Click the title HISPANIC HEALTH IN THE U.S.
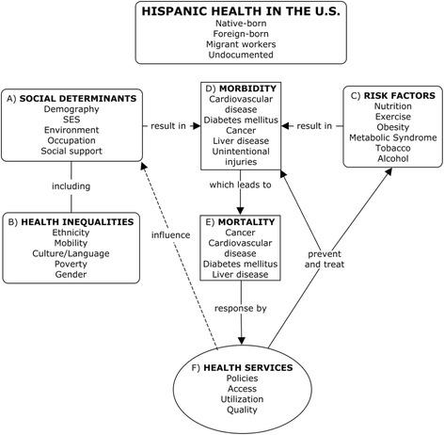pyautogui.click(x=241, y=11)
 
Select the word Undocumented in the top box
pyautogui.click(x=241, y=55)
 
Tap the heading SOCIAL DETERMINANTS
pyautogui.click(x=78, y=99)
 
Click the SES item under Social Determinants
pyautogui.click(x=71, y=120)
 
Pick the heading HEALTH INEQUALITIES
pyautogui.click(x=77, y=222)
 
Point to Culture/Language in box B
pyautogui.click(x=71, y=253)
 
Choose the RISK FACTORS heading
pyautogui.click(x=400, y=96)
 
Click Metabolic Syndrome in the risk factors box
pyautogui.click(x=393, y=137)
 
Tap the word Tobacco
pyautogui.click(x=393, y=148)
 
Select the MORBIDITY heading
pyautogui.click(x=247, y=89)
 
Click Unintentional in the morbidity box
pyautogui.click(x=241, y=152)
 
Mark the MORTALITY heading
pyautogui.click(x=246, y=222)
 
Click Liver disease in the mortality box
pyautogui.click(x=240, y=274)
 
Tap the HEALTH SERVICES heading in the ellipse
pyautogui.click(x=248, y=367)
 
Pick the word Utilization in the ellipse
pyautogui.click(x=242, y=399)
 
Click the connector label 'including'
pyautogui.click(x=71, y=186)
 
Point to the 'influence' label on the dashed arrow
pyautogui.click(x=171, y=235)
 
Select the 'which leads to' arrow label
pyautogui.click(x=240, y=185)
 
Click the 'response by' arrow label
pyautogui.click(x=241, y=309)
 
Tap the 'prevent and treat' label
pyautogui.click(x=325, y=259)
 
